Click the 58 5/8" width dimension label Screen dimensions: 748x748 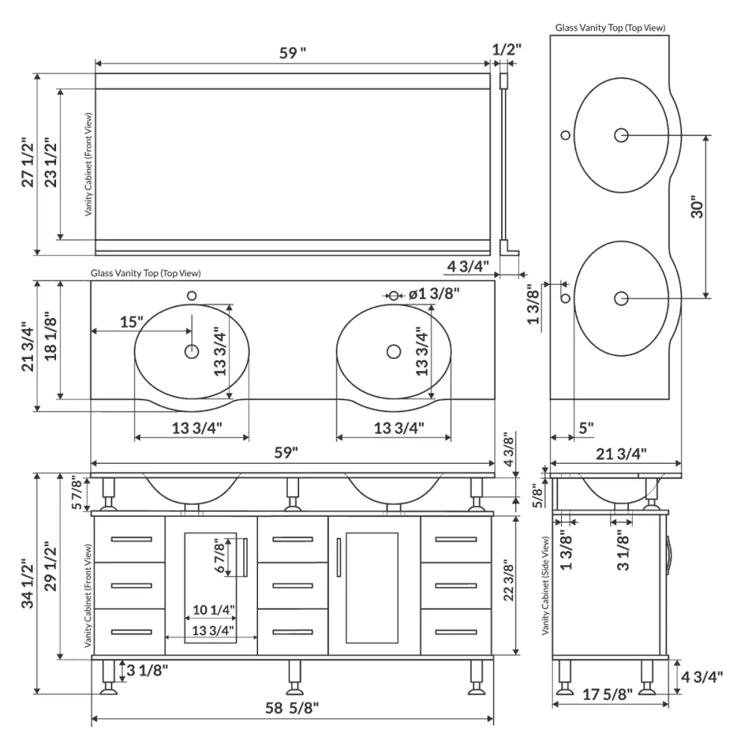point(292,708)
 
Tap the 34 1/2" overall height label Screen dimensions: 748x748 point(28,586)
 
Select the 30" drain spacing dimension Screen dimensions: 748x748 point(697,206)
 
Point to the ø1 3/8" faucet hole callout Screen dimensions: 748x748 point(434,293)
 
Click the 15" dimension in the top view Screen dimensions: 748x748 point(131,322)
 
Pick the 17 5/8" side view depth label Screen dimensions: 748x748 point(607,694)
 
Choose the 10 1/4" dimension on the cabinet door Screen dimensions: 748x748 point(214,610)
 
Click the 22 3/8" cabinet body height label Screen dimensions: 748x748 point(509,580)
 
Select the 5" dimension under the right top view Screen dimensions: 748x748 point(586,428)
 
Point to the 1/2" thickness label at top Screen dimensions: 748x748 point(506,49)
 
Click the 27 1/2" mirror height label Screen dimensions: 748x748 point(28,162)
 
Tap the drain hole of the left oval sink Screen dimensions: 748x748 point(191,352)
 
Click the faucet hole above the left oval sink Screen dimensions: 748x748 point(191,295)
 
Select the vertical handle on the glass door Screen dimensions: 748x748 point(339,557)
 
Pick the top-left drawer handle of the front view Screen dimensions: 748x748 point(131,539)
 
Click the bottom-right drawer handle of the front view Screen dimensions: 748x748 point(456,632)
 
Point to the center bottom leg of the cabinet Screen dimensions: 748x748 point(294,678)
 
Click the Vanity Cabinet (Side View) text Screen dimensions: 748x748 point(546,586)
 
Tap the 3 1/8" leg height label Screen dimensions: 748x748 point(147,670)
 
